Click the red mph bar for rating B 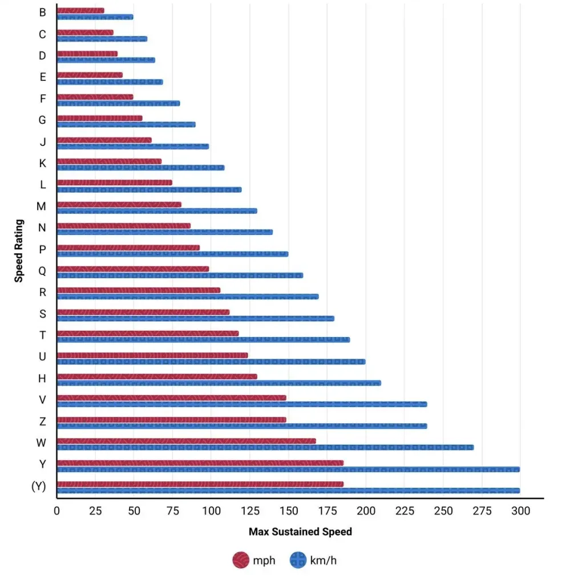[80, 10]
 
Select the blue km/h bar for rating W [265, 448]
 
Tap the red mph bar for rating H [157, 376]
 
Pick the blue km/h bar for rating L [149, 189]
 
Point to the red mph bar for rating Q [133, 269]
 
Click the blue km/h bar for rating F [118, 103]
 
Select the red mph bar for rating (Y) [200, 484]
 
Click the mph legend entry [254, 561]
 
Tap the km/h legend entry [313, 561]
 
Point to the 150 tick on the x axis [288, 511]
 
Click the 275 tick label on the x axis [482, 511]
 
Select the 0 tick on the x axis [56, 511]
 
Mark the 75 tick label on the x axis [172, 511]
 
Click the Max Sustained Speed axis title [300, 532]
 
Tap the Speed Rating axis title [19, 250]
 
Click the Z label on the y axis [42, 421]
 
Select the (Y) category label [39, 486]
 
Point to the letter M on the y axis [41, 206]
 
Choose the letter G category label [42, 120]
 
